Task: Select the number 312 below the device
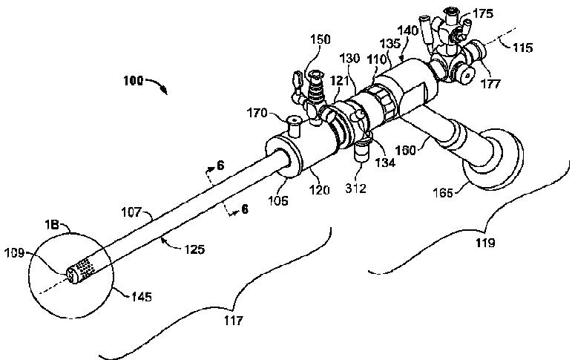(355, 189)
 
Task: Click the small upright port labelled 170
(294, 125)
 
